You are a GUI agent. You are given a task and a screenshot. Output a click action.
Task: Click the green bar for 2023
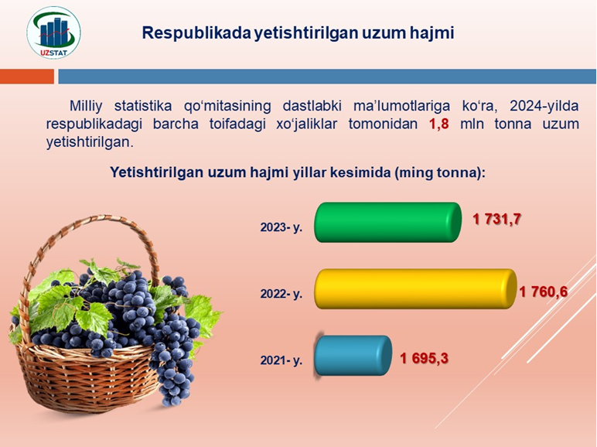point(387,223)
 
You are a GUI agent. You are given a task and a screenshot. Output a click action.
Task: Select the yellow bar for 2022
point(415,289)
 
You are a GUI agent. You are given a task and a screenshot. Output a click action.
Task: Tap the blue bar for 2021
point(353,356)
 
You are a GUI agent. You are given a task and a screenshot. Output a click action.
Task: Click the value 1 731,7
point(496,220)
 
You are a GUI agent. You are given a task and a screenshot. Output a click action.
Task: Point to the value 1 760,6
point(544,292)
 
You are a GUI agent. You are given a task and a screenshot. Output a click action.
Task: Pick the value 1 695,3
point(424,359)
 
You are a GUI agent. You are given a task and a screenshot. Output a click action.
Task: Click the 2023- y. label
point(281,227)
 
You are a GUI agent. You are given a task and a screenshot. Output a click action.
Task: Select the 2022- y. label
point(281,294)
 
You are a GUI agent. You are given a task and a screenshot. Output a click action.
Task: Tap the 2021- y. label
point(281,360)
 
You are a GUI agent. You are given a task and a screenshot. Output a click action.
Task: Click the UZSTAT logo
point(53,32)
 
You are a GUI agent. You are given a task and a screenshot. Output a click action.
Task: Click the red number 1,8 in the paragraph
point(439,125)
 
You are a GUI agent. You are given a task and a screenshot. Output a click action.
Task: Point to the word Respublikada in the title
point(196,33)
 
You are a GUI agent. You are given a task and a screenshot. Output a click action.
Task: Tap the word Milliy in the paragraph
point(86,106)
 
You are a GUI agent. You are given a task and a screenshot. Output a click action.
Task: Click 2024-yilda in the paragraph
point(544,106)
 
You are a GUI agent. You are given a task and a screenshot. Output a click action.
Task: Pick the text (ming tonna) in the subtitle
point(440,172)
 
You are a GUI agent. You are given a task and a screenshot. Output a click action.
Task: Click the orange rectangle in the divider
point(27,76)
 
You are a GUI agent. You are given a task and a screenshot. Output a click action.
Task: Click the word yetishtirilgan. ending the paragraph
point(90,142)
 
